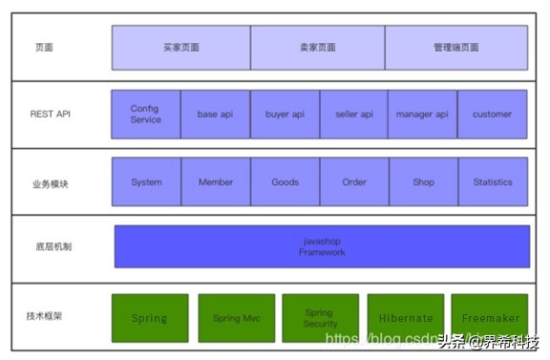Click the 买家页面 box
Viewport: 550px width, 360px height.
point(181,47)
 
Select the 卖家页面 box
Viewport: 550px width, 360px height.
point(317,47)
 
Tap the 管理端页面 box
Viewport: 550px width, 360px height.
point(455,47)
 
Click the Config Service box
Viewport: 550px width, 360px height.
point(146,115)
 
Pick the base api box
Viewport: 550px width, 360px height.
point(215,115)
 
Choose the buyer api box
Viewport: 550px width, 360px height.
point(285,115)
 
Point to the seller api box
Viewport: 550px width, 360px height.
point(354,115)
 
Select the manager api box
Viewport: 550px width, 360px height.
point(422,115)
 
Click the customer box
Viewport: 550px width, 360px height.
point(492,115)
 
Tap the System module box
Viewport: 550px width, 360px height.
point(146,182)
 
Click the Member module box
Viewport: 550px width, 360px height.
point(215,182)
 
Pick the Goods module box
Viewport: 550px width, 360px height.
point(285,182)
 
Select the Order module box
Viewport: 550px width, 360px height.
point(354,182)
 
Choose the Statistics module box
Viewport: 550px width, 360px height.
point(492,182)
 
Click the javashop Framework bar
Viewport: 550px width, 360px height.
point(322,246)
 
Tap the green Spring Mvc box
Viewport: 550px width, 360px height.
point(236,318)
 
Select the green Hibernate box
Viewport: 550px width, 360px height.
point(405,318)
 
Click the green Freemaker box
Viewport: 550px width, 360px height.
point(489,318)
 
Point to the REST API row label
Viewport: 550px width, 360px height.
point(50,115)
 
